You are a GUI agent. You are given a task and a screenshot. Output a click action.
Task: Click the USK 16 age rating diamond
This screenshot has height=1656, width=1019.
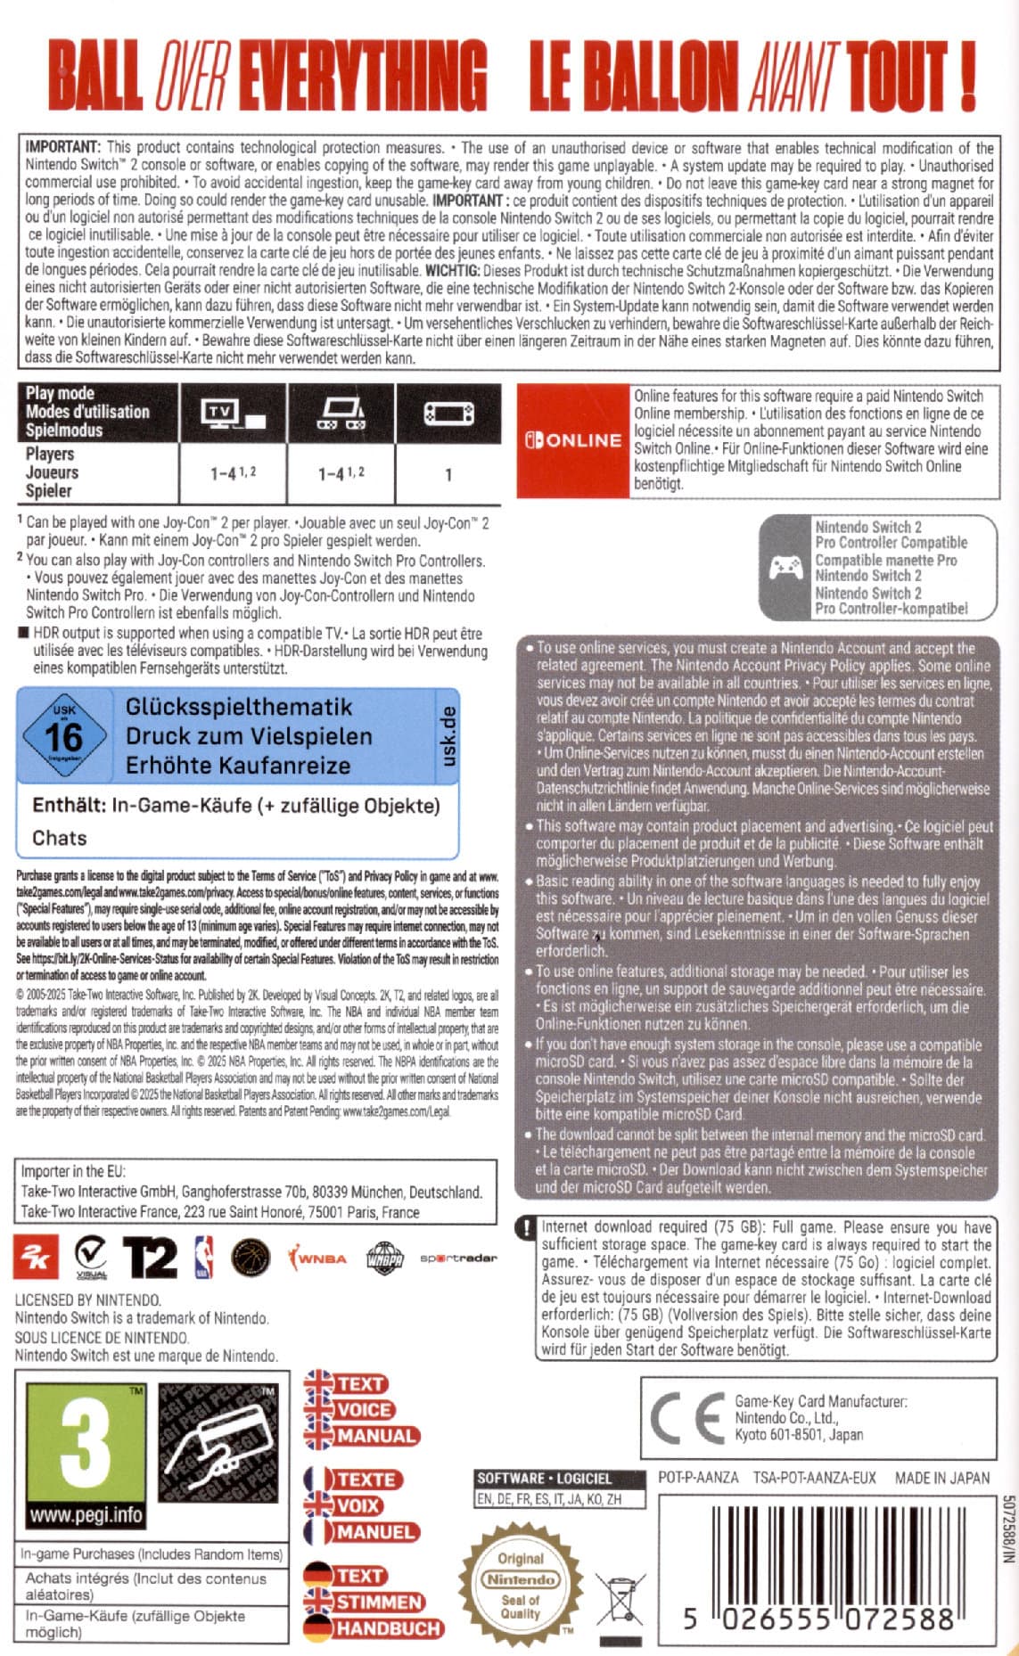(x=64, y=736)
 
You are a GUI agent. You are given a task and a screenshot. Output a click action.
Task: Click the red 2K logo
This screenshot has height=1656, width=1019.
(x=37, y=1258)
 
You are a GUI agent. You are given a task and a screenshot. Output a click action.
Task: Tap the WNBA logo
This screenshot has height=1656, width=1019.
(x=316, y=1258)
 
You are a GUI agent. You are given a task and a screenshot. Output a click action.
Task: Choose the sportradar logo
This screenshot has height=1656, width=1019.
(x=458, y=1258)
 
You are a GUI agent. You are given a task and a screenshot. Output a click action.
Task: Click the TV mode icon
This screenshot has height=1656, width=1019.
(x=234, y=413)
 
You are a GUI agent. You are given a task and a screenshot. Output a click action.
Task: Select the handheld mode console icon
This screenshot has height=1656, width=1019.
(x=341, y=413)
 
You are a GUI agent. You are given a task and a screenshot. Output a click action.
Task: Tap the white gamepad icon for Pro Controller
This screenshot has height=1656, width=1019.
(x=785, y=568)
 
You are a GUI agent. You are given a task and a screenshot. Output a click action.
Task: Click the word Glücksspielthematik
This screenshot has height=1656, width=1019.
(x=239, y=707)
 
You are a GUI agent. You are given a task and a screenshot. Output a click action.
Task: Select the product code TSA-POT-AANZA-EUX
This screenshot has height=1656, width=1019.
(x=814, y=1477)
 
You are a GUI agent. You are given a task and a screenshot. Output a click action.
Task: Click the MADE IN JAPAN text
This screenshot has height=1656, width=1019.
(x=941, y=1477)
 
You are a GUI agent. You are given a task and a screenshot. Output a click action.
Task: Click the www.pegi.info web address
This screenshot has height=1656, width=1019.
(x=86, y=1514)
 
